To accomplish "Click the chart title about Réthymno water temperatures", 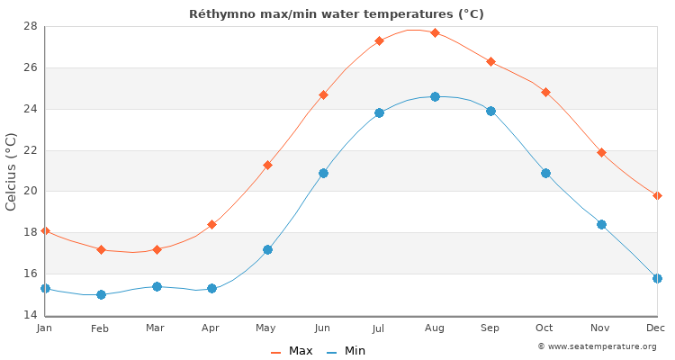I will pos(337,13).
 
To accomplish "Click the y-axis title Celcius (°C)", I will pos(12,171).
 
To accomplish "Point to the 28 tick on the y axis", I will pos(30,26).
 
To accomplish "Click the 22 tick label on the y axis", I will pos(30,150).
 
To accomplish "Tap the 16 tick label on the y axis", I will pos(30,274).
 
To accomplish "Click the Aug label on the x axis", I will pos(435,328).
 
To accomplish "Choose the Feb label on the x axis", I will pos(100,328).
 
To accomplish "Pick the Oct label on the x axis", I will pos(545,328).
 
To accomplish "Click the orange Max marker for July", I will pos(379,40).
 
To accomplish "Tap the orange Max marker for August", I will pos(435,32).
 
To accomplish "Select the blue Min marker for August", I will pos(435,96).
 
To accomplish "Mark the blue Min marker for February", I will pos(101,294).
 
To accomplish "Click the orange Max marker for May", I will pos(267,165).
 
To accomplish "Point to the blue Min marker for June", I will pos(323,173).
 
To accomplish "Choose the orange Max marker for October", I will pos(545,92).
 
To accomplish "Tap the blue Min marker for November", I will pos(601,224).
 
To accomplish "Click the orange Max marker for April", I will pos(211,224).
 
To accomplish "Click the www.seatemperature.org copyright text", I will pos(597,346).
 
